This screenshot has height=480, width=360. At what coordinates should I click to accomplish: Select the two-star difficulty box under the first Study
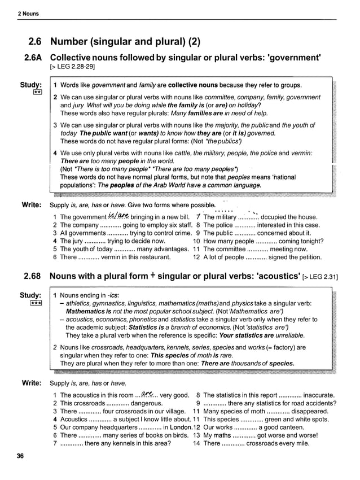click(x=36, y=92)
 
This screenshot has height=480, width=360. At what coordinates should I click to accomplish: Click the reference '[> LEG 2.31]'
click(x=320, y=277)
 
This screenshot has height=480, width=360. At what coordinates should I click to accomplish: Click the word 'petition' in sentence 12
click(x=307, y=257)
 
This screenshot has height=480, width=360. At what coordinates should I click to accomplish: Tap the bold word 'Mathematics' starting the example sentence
click(x=85, y=311)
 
